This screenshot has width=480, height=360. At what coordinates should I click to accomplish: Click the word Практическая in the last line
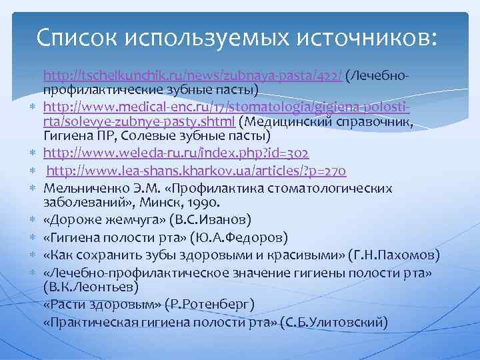coord(94,321)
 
